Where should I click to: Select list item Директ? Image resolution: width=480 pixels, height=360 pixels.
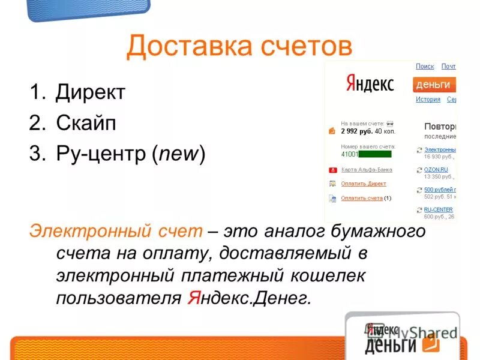[x=90, y=92]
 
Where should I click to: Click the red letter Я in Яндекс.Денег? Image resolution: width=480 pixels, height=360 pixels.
[x=193, y=298]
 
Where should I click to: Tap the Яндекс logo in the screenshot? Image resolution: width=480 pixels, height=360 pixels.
[x=370, y=83]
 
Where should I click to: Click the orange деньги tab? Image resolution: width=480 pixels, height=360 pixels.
[x=434, y=85]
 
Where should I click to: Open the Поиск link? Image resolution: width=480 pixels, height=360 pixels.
[x=425, y=67]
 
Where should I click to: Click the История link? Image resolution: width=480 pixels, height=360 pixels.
[x=428, y=100]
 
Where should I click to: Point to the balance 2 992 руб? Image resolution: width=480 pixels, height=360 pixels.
[x=356, y=131]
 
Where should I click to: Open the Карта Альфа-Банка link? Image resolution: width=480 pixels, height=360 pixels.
[x=367, y=170]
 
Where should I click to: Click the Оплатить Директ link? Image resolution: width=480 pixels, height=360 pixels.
[x=364, y=184]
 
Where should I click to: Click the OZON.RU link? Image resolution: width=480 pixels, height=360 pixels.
[x=436, y=170]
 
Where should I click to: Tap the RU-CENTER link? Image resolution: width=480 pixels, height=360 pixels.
[x=438, y=209]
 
